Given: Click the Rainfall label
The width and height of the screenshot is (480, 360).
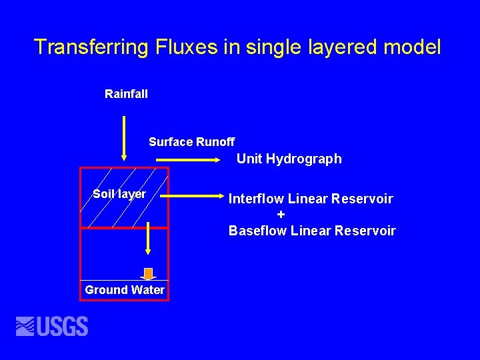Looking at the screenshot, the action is coord(126,94).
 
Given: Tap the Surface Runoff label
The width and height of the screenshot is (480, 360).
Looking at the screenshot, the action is coord(191,142).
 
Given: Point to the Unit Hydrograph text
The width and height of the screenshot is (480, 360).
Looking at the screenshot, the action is coord(289,159).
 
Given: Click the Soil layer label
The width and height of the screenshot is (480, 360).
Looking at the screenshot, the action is coord(119,194).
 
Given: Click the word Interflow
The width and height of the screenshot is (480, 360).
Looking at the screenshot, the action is coord(257,199).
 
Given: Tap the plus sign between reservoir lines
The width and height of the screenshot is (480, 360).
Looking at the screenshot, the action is coord(281,215).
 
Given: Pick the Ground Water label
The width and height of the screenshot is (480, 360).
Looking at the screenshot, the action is coord(125,290).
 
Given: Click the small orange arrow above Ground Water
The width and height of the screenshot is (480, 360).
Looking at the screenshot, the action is coord(148,273).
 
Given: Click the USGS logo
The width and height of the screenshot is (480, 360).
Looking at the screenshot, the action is coord(52,326).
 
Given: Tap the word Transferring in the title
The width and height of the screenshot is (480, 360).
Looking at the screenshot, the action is coord(91,47).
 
